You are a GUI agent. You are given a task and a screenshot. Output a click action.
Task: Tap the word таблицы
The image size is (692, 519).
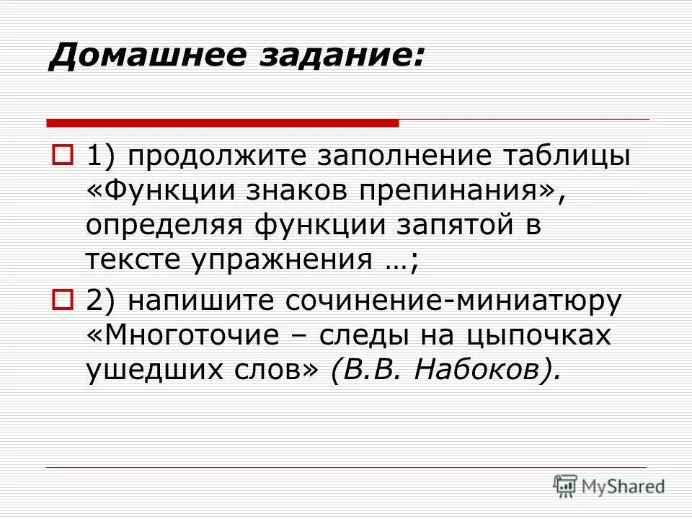tap(563, 156)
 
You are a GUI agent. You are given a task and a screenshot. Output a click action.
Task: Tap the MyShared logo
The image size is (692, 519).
tap(609, 486)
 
